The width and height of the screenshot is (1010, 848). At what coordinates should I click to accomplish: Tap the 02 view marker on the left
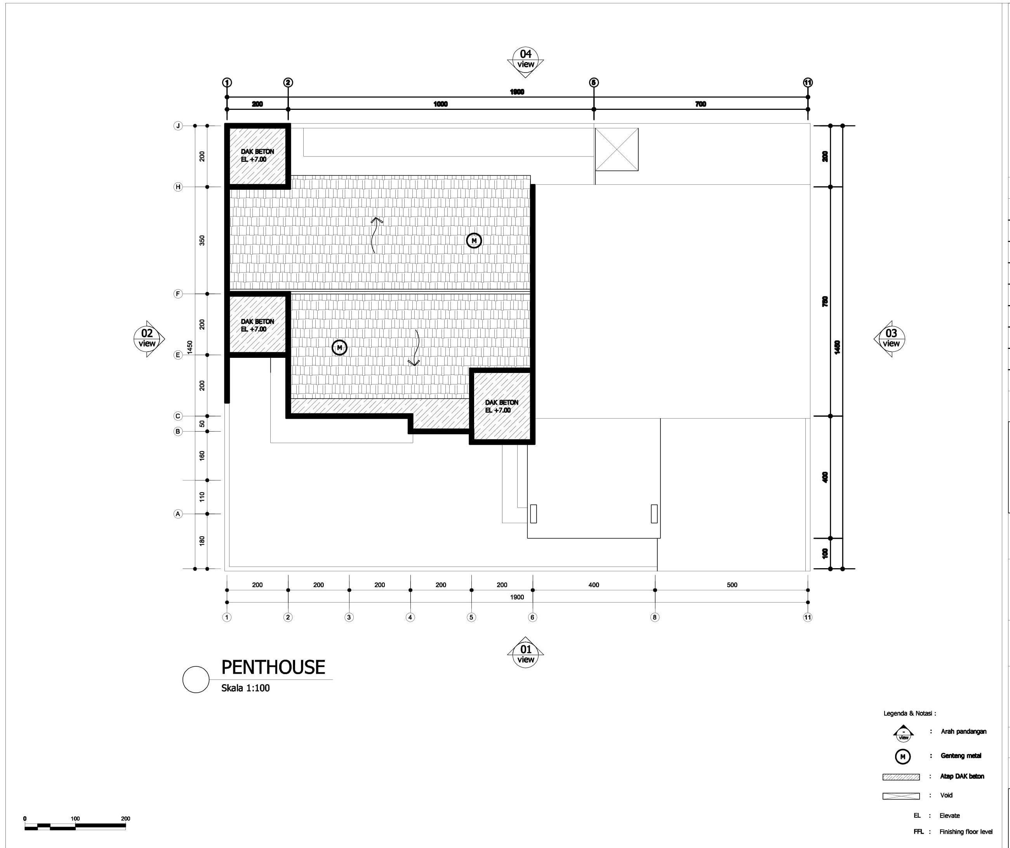(x=147, y=338)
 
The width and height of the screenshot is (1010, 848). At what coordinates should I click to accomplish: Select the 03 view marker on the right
(x=891, y=338)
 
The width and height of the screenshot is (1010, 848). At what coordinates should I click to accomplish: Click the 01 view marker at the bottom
(x=525, y=654)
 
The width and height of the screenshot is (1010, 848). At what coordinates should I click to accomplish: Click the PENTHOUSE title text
(x=273, y=667)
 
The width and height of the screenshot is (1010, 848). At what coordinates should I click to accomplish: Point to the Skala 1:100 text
(x=245, y=688)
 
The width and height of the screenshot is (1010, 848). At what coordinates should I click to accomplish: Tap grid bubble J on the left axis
(x=178, y=126)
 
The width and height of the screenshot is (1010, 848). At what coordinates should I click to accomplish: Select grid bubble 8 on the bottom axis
(x=655, y=617)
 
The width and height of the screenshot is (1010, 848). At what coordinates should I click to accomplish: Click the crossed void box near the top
(x=617, y=149)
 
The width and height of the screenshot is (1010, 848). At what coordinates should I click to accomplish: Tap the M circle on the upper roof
(x=474, y=240)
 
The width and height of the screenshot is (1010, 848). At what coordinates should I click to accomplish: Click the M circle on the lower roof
(x=339, y=348)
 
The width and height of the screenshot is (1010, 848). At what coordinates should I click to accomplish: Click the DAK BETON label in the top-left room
(x=257, y=155)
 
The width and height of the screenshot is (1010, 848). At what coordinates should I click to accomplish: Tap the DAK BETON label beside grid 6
(x=502, y=406)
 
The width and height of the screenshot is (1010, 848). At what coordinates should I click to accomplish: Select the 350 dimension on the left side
(x=202, y=240)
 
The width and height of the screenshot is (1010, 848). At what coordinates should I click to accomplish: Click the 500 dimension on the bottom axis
(x=732, y=585)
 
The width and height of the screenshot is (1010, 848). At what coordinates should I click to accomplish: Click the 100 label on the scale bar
(x=75, y=818)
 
